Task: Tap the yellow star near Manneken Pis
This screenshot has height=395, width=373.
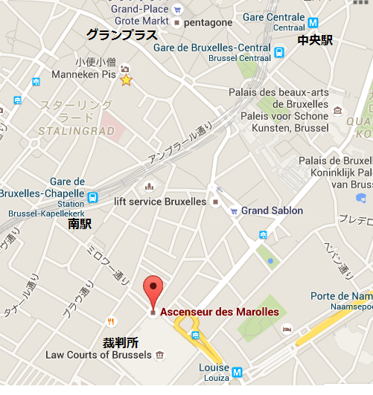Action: point(126,80)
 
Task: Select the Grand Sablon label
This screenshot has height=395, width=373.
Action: point(272,211)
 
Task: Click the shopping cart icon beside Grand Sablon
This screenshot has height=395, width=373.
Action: point(234,211)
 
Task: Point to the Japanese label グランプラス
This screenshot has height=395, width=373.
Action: point(121,35)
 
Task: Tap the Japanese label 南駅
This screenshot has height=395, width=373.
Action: point(79,223)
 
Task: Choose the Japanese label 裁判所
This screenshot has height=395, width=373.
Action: point(121,342)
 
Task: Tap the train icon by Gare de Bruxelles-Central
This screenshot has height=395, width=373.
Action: point(278,53)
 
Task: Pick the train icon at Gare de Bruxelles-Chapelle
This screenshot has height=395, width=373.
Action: point(92,197)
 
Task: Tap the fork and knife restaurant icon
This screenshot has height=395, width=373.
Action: point(111,321)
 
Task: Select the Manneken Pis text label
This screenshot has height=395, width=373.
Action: point(84,75)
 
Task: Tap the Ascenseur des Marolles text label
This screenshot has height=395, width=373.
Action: point(219,312)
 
